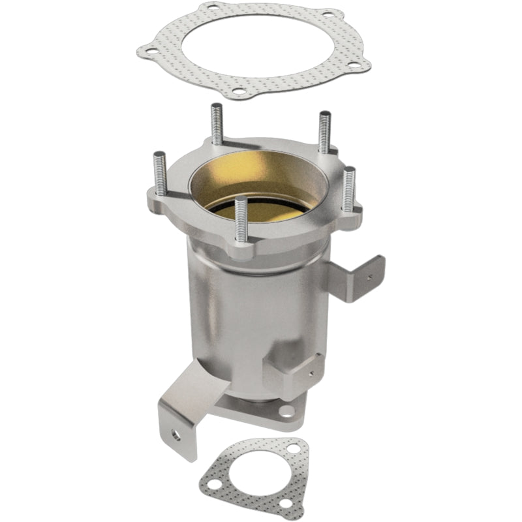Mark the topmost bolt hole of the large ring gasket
[x=213, y=8]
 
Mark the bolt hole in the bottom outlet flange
[x=286, y=411]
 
